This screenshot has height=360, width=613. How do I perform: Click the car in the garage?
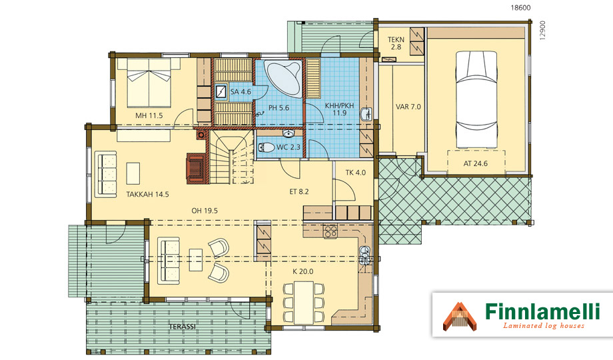click(x=476, y=100)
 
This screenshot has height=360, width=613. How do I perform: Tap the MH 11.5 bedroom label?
click(x=149, y=115)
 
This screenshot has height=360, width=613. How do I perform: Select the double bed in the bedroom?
click(x=149, y=83)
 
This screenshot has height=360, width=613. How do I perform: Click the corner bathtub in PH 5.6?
click(x=283, y=78)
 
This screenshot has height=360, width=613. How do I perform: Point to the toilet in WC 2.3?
click(x=267, y=147)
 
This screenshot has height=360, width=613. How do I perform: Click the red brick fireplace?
click(x=195, y=168)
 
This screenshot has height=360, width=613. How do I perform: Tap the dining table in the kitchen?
click(x=304, y=303)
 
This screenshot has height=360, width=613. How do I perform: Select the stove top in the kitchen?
click(x=330, y=231)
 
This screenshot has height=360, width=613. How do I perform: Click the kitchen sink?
click(x=364, y=255)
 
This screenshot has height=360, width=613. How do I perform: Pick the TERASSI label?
click(x=182, y=327)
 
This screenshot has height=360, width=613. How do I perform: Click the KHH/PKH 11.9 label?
click(x=339, y=109)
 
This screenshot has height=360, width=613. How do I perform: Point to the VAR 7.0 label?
click(x=408, y=107)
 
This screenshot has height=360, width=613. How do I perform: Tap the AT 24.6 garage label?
click(x=475, y=163)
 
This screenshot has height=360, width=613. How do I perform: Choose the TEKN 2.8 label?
click(x=396, y=43)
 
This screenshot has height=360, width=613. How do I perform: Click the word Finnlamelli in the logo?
click(x=542, y=311)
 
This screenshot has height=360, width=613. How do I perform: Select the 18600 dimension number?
click(x=521, y=7)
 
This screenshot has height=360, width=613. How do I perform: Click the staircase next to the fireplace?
click(x=231, y=157)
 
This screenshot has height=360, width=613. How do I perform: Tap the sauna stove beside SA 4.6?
click(x=221, y=91)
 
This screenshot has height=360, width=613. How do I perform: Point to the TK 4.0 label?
click(x=355, y=173)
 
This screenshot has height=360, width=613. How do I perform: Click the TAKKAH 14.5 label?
click(x=147, y=194)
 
